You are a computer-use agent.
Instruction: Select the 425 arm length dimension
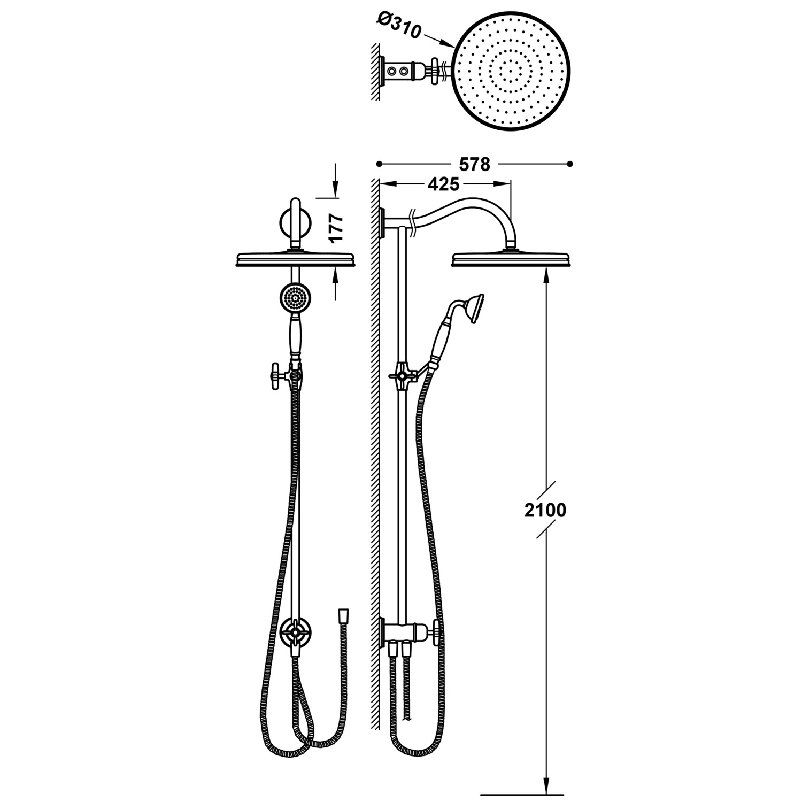point(444,184)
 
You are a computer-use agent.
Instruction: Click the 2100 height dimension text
point(545,511)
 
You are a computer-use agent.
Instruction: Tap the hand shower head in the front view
point(294,299)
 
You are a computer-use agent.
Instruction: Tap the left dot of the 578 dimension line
point(379,164)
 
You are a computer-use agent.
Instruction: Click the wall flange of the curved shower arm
point(382,222)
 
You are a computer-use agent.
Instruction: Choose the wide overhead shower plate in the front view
point(295,259)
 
